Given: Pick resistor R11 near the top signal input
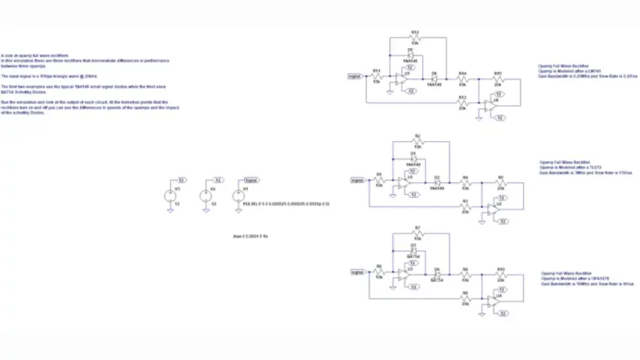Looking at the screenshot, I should [x=377, y=76].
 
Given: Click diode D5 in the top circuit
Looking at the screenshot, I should [x=410, y=56].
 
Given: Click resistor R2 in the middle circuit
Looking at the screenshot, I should [x=417, y=142].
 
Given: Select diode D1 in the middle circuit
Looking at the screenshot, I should [x=412, y=158].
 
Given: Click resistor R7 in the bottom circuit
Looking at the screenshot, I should [x=417, y=233].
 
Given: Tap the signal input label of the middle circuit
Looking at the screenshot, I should [x=358, y=180].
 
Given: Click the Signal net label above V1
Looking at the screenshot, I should [x=253, y=180].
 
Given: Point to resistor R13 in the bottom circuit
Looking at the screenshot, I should [x=500, y=272].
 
